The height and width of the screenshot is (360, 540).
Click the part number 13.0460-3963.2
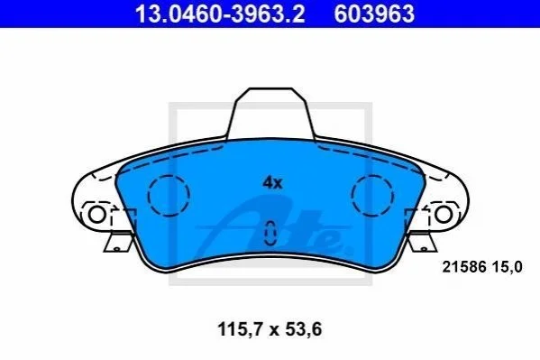tap(220, 14)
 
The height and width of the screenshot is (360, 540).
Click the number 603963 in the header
tap(374, 14)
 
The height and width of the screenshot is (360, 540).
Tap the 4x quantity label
tap(272, 183)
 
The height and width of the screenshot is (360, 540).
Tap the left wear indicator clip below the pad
tap(118, 243)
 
